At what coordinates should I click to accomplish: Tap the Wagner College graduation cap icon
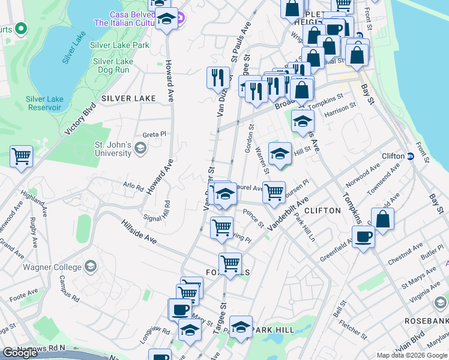click(x=91, y=266)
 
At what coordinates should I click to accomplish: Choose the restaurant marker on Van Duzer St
click(x=218, y=77)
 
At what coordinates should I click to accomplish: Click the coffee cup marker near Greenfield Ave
click(x=364, y=238)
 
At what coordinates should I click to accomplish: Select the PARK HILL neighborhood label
click(x=273, y=330)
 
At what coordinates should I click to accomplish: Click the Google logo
click(x=20, y=353)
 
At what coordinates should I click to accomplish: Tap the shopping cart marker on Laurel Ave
click(x=274, y=192)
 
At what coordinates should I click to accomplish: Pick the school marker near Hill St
click(x=280, y=154)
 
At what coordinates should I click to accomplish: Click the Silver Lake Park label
click(x=119, y=45)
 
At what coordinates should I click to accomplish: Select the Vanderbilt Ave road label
click(x=288, y=212)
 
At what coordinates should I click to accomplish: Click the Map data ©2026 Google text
click(x=411, y=355)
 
